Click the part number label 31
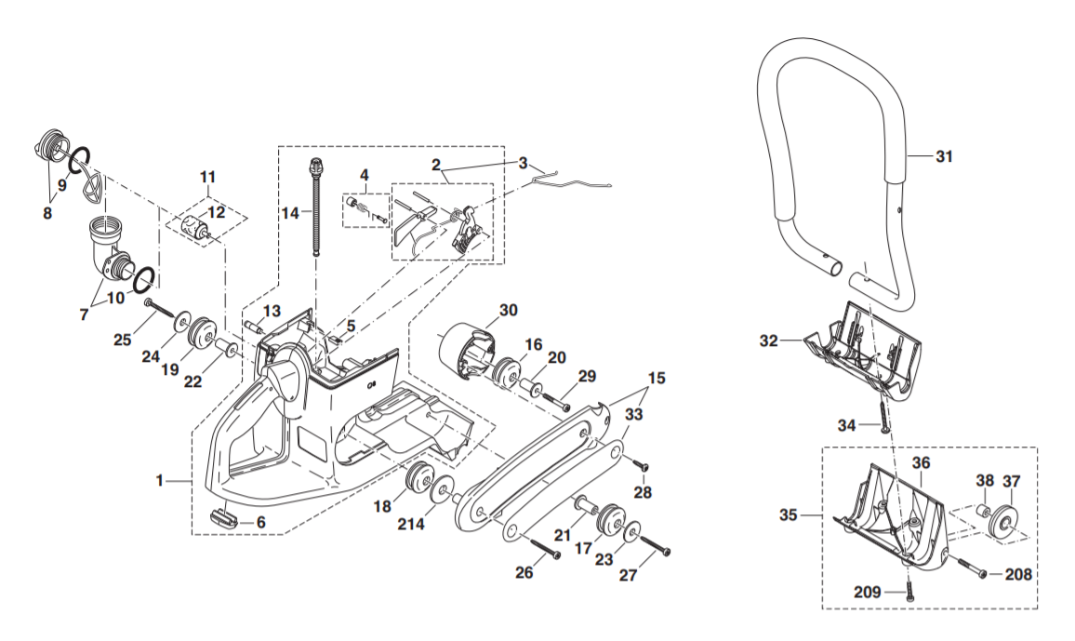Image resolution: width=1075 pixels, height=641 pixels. click(x=944, y=157)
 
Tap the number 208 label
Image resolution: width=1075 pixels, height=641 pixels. click(x=1018, y=575)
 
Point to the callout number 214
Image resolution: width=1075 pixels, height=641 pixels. click(x=411, y=524)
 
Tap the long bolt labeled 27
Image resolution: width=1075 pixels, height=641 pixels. click(x=656, y=545)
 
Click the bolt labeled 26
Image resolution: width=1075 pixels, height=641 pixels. click(x=541, y=547)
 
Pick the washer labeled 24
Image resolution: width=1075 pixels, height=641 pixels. click(x=177, y=326)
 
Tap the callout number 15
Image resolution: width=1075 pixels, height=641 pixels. click(x=657, y=379)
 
